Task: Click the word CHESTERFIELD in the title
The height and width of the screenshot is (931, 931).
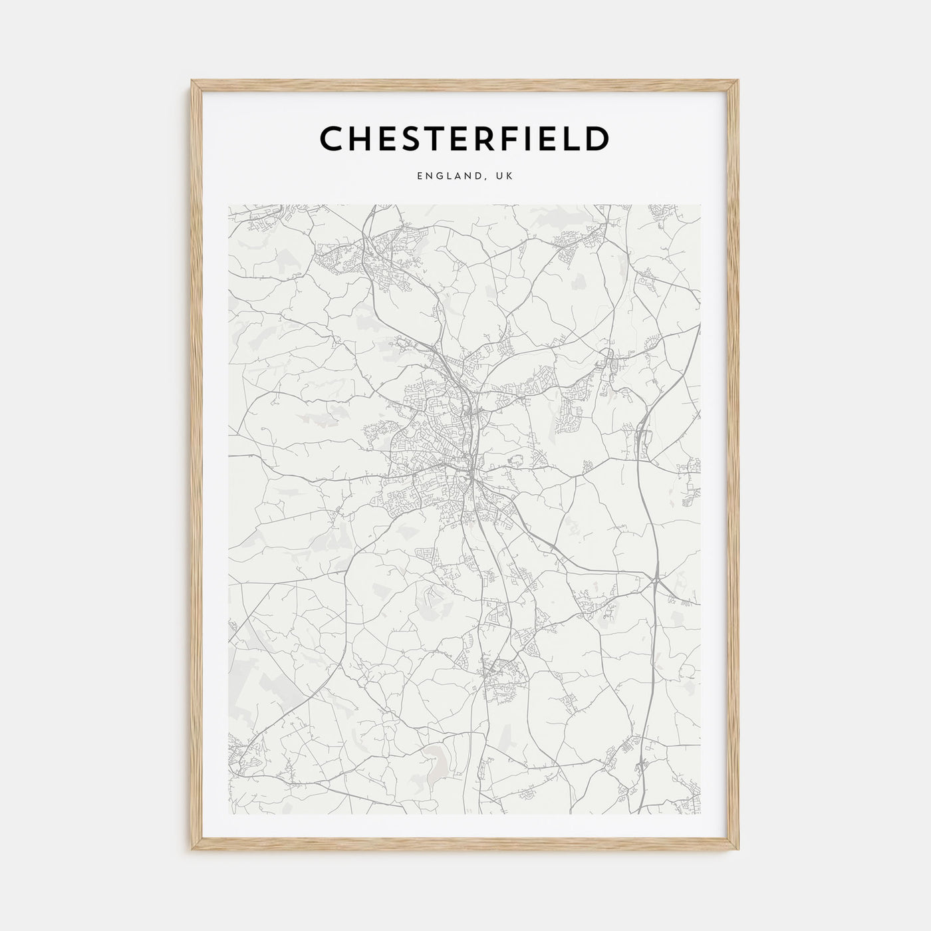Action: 464,139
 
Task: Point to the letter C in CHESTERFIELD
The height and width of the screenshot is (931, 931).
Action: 332,139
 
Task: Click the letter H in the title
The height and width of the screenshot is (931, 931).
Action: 362,139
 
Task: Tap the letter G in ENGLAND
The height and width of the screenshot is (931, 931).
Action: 438,176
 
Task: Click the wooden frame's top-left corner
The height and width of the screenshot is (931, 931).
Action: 192,81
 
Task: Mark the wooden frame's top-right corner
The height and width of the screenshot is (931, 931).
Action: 740,81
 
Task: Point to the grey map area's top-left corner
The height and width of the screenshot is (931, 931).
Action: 228,205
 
